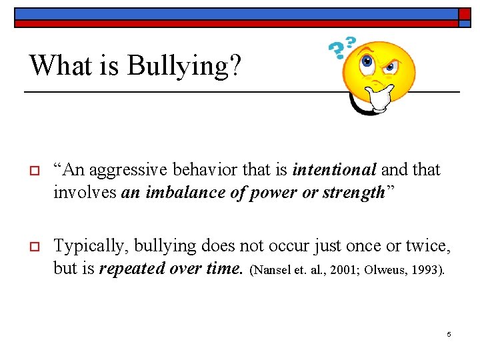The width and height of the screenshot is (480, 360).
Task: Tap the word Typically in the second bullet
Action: click(x=91, y=246)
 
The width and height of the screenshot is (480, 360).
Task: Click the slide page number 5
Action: click(x=449, y=334)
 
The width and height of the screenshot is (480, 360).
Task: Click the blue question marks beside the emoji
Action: click(x=342, y=47)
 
